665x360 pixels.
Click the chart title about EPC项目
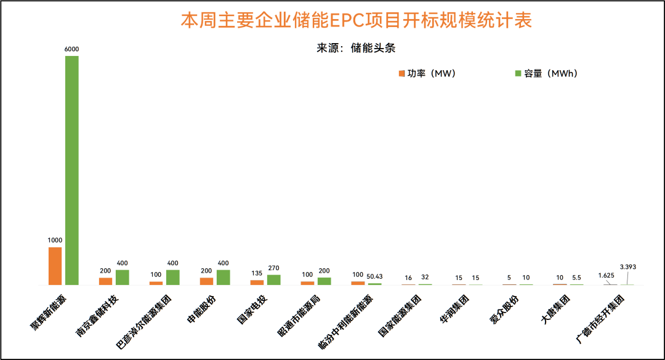coord(356,20)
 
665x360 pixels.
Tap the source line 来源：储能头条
coord(356,48)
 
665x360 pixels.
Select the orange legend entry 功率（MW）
coord(427,73)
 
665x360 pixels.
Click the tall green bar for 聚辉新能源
coord(72,170)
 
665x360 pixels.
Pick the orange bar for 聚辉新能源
coord(55,266)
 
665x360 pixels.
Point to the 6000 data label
coord(72,49)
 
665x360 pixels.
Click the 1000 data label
coord(55,240)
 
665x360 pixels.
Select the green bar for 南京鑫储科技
coord(123,277)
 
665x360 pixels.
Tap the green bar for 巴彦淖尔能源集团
coord(173,277)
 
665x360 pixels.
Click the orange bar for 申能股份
coord(206,281)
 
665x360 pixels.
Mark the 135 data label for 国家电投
coord(257,273)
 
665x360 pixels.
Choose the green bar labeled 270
coord(274,279)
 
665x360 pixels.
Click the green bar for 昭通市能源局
coord(324,281)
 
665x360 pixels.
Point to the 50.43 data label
coord(375,276)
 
